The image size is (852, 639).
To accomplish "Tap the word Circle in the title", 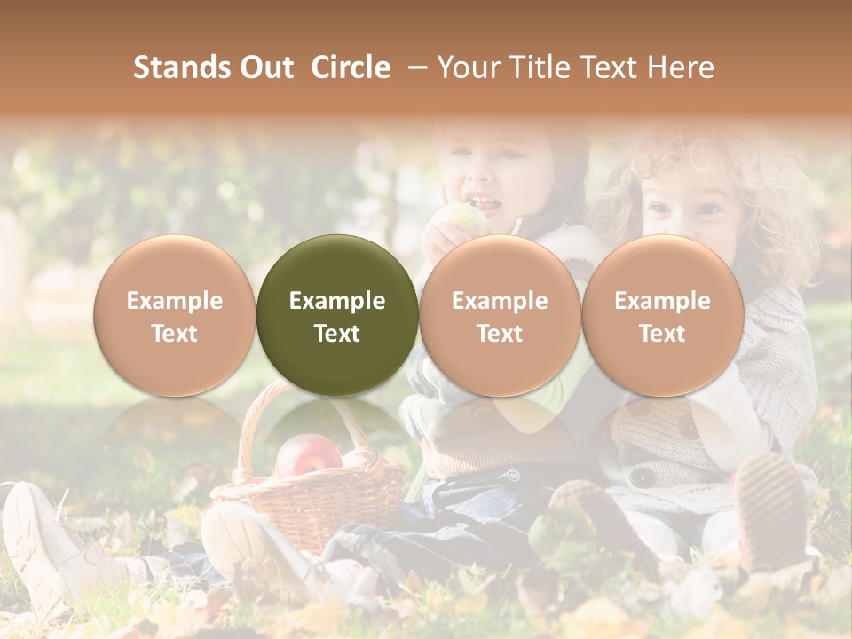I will coord(351,67).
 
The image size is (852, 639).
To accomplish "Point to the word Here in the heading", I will coord(681,67).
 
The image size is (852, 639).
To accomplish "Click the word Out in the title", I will coord(266,67).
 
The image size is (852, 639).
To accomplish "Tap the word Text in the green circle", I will coord(337,334).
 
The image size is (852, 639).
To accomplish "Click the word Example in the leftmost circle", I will coord(174,301).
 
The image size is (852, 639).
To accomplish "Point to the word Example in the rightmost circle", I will coord(662,301).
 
